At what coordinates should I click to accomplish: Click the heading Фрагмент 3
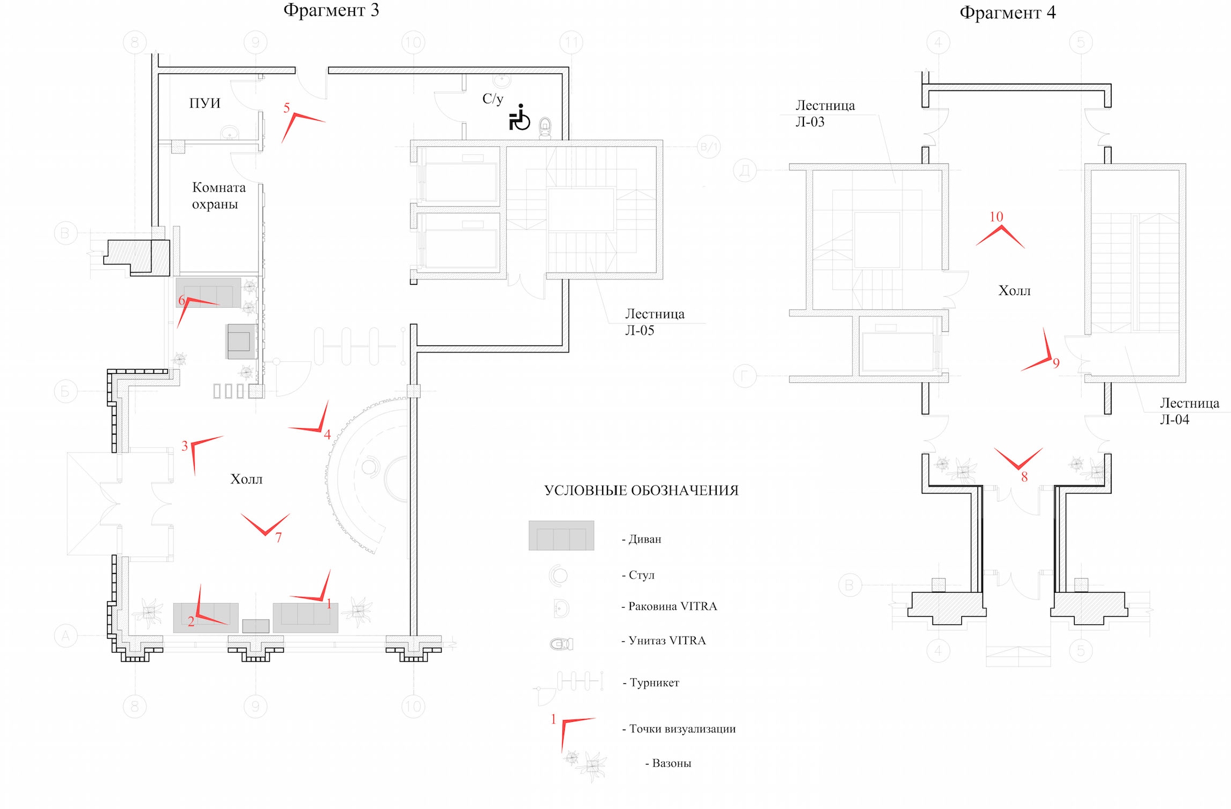(x=331, y=10)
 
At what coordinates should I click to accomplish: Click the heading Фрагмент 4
(x=1008, y=13)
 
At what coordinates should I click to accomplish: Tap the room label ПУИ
(x=204, y=103)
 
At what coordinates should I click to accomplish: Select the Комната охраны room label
(x=218, y=195)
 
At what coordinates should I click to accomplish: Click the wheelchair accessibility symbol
(x=519, y=117)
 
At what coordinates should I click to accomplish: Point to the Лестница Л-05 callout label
(x=655, y=322)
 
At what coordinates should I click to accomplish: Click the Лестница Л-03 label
(x=825, y=114)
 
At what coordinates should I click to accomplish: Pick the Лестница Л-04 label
(x=1189, y=411)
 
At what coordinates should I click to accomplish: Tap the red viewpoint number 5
(x=286, y=108)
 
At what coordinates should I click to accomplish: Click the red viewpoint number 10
(x=996, y=217)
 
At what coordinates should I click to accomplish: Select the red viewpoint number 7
(x=278, y=538)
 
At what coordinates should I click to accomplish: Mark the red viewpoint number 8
(x=1024, y=477)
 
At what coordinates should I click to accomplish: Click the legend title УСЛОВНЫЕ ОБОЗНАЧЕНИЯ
(x=641, y=490)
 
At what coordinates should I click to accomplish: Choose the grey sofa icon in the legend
(x=561, y=535)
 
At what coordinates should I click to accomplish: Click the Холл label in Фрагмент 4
(x=1014, y=291)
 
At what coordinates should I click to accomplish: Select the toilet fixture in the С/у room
(x=545, y=127)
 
